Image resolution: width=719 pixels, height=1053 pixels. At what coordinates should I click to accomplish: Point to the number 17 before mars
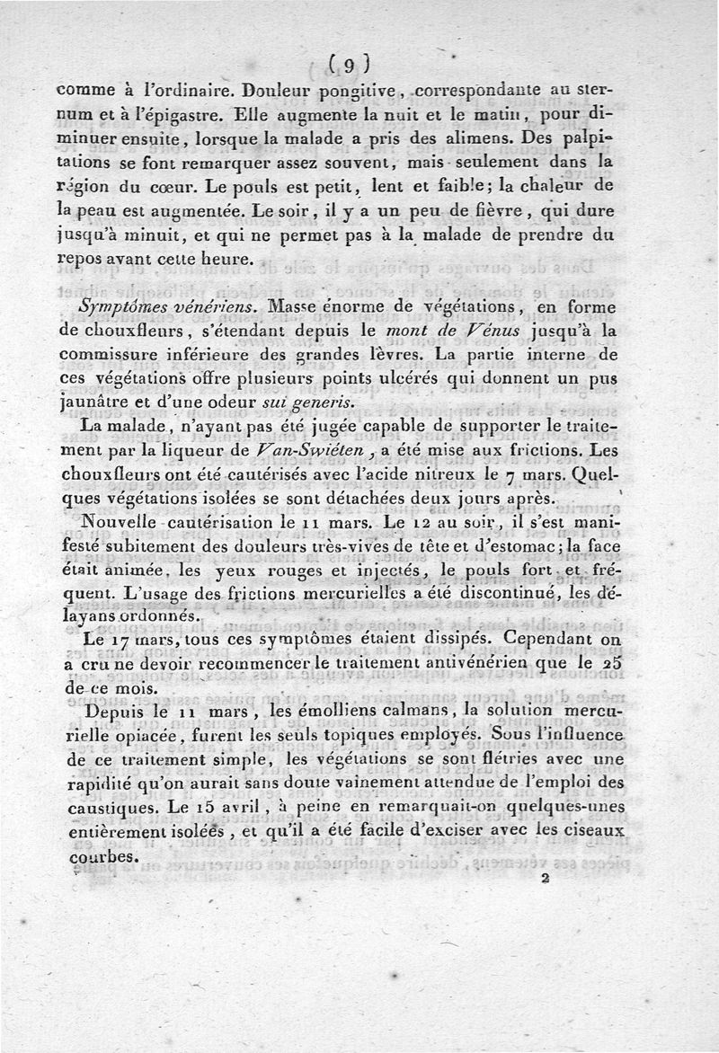124,640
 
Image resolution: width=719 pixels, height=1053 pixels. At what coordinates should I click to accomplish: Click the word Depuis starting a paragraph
109,711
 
